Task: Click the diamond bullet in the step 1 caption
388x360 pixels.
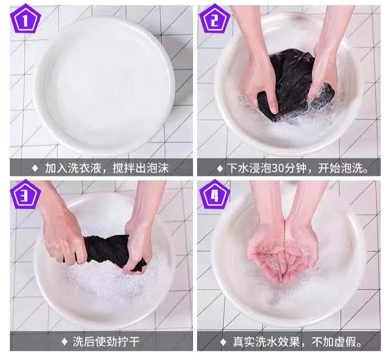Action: (x=35, y=168)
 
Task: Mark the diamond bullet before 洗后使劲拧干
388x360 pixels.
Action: (x=64, y=342)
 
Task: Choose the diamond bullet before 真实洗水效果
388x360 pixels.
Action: (x=223, y=342)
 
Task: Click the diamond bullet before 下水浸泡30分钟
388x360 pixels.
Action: (x=220, y=168)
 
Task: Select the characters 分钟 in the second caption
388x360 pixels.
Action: (x=295, y=168)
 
